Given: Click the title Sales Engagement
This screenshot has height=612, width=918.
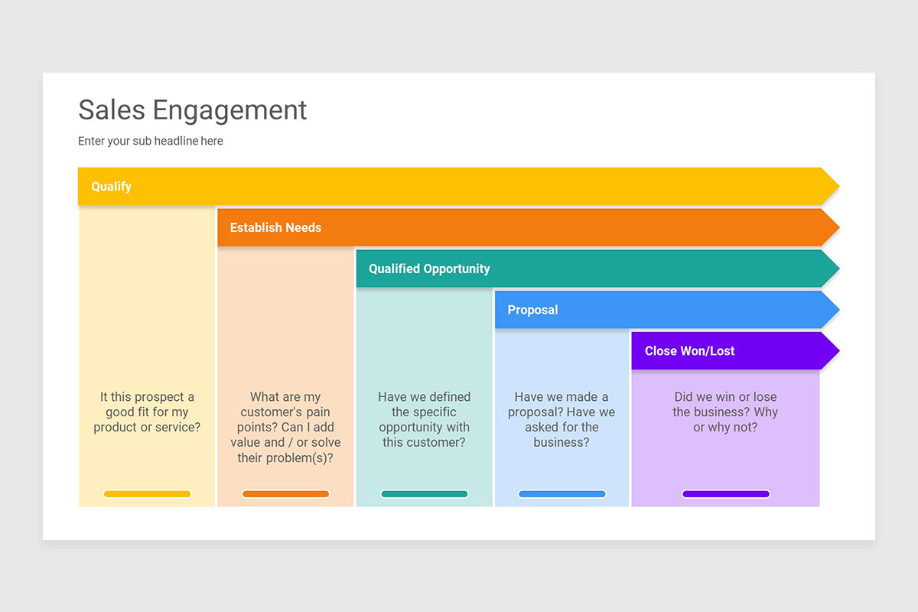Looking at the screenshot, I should click(192, 110).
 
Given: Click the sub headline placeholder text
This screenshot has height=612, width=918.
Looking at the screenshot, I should click(151, 141).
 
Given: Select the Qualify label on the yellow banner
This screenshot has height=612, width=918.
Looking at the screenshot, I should click(112, 187).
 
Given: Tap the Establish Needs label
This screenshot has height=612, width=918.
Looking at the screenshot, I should click(275, 228).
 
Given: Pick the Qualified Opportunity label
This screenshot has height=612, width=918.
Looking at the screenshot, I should click(429, 269).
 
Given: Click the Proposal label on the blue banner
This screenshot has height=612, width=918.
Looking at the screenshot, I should click(532, 310).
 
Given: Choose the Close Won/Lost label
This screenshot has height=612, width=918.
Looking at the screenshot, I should click(689, 351).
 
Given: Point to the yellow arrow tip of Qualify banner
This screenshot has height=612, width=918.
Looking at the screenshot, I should click(829, 187).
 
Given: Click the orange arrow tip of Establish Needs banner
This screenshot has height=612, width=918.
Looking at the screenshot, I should click(829, 228).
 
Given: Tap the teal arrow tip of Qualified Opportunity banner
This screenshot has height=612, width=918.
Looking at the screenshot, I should click(829, 269).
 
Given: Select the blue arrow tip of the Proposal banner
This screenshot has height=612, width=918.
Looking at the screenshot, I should click(829, 310).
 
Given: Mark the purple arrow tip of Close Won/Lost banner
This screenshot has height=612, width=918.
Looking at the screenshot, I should click(829, 351).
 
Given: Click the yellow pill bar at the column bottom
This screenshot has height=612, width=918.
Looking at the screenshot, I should click(147, 494).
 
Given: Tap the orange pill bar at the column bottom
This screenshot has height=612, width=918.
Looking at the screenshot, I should click(285, 494).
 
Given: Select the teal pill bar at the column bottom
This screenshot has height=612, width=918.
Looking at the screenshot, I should click(424, 494).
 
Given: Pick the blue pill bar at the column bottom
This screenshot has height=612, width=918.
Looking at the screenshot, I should click(562, 494).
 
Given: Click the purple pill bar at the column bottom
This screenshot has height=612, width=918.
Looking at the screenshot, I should click(725, 494).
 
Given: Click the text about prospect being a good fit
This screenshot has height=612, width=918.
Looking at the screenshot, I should click(147, 412).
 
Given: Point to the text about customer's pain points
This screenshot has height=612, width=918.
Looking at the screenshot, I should click(285, 428).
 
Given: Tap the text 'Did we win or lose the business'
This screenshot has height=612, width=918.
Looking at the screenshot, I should click(725, 412).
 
